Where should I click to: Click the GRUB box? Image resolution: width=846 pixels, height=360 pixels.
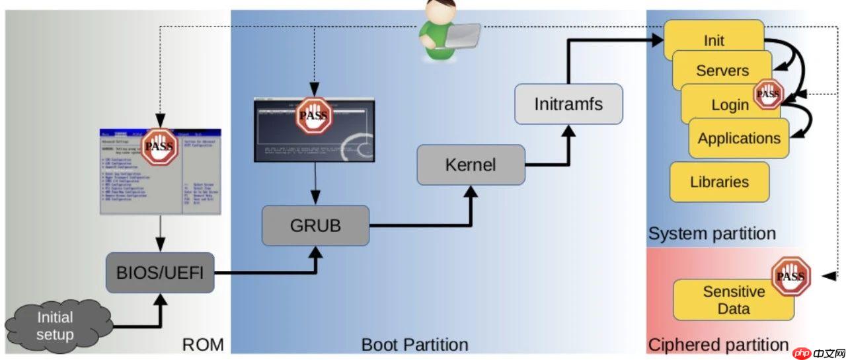click(x=315, y=225)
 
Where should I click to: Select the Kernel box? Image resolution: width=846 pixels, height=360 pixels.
click(x=471, y=164)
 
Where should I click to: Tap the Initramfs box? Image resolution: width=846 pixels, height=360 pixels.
click(x=568, y=104)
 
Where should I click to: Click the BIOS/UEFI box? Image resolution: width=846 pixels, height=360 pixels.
click(x=160, y=272)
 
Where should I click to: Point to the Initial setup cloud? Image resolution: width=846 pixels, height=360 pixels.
click(x=55, y=326)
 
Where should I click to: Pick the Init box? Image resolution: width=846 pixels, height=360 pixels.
click(x=714, y=40)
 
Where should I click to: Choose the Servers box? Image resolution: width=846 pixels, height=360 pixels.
click(x=722, y=71)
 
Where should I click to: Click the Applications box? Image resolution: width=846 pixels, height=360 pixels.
click(x=739, y=138)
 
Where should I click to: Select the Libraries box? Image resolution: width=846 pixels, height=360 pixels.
click(x=719, y=182)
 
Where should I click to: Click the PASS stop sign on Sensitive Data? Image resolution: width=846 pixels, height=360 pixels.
click(x=790, y=277)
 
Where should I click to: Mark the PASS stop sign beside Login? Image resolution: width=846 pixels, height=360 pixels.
click(x=767, y=94)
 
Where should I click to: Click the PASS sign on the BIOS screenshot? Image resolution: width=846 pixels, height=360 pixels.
click(x=159, y=147)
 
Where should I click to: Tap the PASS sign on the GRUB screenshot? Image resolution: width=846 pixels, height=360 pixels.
click(x=313, y=117)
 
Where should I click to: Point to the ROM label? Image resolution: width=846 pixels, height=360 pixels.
click(x=203, y=344)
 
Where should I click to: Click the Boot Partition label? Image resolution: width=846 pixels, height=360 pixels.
click(x=414, y=344)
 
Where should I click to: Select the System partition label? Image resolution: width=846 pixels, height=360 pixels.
click(x=712, y=234)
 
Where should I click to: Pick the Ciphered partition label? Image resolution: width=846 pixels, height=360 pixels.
click(x=718, y=344)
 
